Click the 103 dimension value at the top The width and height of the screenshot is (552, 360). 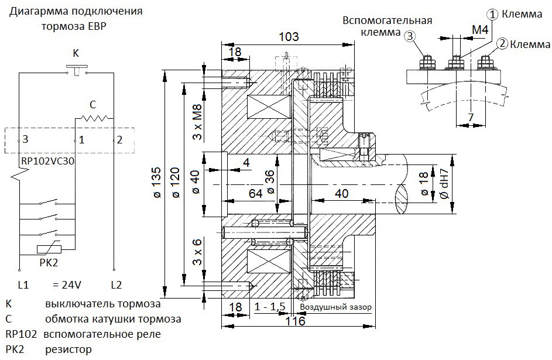289,36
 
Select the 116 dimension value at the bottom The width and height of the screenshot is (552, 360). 296,321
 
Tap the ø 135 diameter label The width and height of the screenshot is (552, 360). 157,182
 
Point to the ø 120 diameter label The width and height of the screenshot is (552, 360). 176,182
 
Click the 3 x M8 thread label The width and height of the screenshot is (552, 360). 197,122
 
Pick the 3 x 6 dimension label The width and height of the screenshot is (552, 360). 197,252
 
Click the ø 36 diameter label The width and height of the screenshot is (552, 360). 270,181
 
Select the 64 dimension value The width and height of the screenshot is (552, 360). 255,193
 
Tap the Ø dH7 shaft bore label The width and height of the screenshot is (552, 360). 444,183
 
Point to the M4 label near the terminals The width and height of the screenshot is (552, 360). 480,30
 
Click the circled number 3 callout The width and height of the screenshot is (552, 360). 409,36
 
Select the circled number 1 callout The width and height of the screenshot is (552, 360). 492,15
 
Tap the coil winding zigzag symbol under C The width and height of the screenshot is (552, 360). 93,118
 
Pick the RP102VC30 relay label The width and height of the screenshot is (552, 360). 48,161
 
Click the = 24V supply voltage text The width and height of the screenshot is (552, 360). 67,284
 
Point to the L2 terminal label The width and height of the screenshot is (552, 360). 116,284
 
